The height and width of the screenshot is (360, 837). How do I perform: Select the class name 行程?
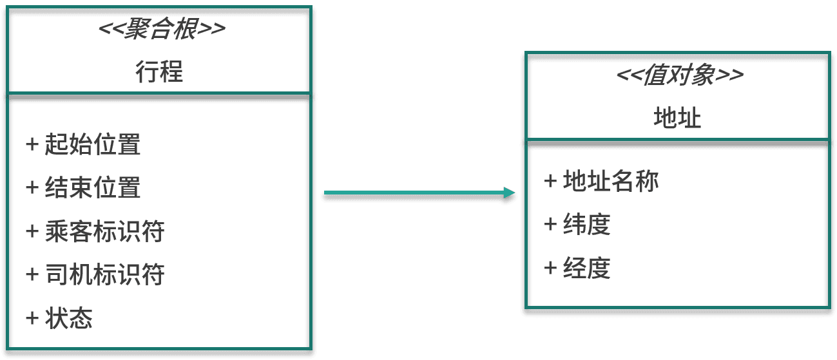pos(159,71)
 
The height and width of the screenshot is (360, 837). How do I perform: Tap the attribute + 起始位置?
pos(83,145)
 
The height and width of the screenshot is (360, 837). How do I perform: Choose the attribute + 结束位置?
pos(83,187)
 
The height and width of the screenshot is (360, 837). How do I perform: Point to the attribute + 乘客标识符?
pos(95,231)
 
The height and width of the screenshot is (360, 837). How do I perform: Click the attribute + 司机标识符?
pos(95,275)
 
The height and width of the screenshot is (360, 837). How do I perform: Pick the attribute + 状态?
pos(59,318)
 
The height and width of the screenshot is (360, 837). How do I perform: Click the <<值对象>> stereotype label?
pos(680,76)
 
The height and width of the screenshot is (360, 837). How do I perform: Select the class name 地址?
pos(677,118)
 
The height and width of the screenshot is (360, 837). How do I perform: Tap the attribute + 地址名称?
pos(601,182)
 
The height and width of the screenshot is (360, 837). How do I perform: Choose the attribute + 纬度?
pos(577,225)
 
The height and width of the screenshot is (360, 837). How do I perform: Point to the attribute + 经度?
pos(577,268)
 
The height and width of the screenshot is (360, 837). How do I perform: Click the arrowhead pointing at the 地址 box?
pos(510,193)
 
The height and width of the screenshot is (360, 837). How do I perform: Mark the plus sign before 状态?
pos(32,317)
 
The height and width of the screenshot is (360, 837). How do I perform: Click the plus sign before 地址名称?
pos(550,181)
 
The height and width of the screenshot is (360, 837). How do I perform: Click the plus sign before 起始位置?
pos(32,144)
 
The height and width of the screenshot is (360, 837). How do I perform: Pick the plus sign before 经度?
pos(550,267)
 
